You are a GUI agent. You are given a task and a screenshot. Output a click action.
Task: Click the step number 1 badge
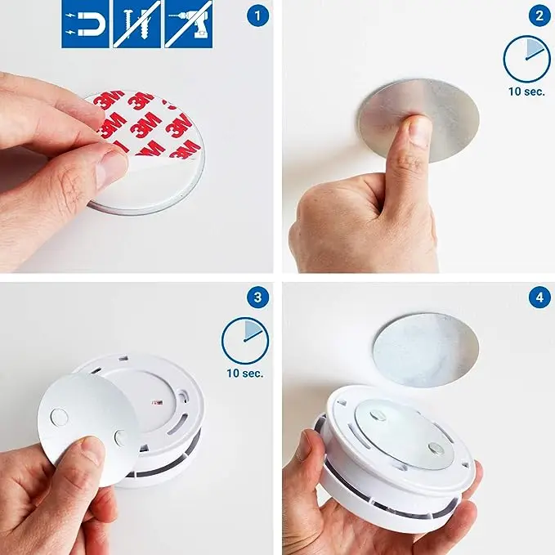pyautogui.click(x=257, y=15)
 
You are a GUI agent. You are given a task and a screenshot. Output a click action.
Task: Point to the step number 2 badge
pyautogui.click(x=539, y=15)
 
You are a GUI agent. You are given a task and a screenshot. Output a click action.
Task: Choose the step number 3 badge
pyautogui.click(x=257, y=298)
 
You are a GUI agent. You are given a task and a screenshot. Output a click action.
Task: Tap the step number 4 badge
pyautogui.click(x=539, y=298)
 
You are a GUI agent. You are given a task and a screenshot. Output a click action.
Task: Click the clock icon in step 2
pyautogui.click(x=526, y=59)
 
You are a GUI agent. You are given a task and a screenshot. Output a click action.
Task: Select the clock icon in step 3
pyautogui.click(x=245, y=341)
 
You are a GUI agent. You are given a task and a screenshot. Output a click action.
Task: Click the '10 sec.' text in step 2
pyautogui.click(x=526, y=92)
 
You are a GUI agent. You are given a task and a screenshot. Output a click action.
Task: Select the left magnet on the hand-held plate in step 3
pyautogui.click(x=60, y=418)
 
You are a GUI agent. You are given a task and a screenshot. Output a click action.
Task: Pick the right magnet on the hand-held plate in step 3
pyautogui.click(x=121, y=437)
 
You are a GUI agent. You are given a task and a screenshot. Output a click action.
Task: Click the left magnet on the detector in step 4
pyautogui.click(x=378, y=415)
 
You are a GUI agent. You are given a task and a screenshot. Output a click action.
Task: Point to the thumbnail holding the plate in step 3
pyautogui.click(x=92, y=450)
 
